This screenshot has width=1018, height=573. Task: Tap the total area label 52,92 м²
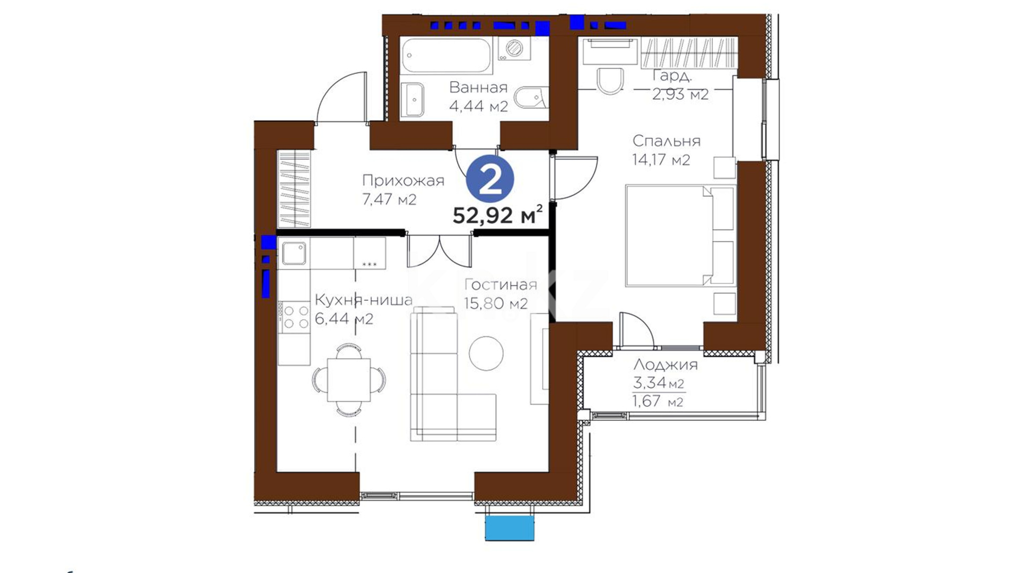[x=498, y=215]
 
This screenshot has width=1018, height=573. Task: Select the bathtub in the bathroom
[x=446, y=55]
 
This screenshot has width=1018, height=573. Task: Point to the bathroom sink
[x=413, y=99]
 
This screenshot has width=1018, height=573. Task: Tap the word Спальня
[x=666, y=141]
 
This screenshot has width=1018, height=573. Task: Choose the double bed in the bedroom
[x=680, y=236]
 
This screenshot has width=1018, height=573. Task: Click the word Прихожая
[x=403, y=181]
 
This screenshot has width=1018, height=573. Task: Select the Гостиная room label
[x=501, y=285]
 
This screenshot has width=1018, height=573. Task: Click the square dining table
[x=348, y=380]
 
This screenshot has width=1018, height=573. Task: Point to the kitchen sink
[x=294, y=253]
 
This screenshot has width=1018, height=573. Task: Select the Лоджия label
[x=665, y=365]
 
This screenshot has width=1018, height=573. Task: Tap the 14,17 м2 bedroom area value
[x=661, y=160]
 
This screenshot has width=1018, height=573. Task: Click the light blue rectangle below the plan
[x=510, y=528]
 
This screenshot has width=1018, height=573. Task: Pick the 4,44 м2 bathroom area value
[x=478, y=106]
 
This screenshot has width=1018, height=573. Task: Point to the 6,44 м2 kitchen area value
[x=344, y=319]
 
